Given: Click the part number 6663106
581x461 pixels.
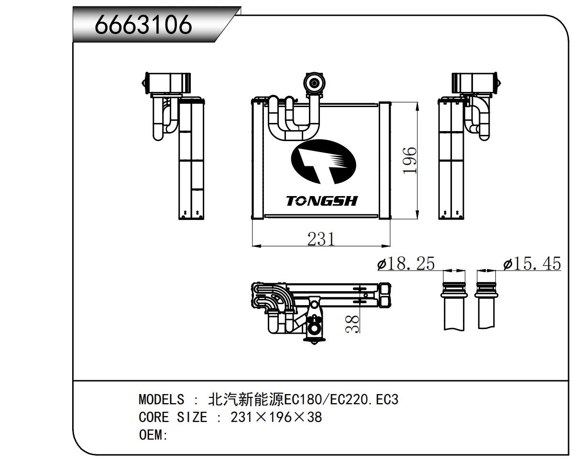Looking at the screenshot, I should pos(143,24).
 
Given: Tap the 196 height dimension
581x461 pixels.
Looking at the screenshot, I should pos(409,161).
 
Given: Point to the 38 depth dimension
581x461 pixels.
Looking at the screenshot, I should pos(352,324).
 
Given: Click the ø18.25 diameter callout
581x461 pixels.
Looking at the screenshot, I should pos(406,263).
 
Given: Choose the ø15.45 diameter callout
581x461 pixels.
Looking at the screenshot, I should pos(532,263).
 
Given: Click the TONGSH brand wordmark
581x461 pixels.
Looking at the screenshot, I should pos(322,201).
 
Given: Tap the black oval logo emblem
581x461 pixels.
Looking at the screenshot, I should pos(323,161).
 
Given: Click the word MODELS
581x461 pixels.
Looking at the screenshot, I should pos(161,399).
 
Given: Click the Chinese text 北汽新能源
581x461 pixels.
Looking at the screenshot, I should pos(246,399).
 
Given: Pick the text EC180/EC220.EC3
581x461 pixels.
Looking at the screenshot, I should pos(341,399).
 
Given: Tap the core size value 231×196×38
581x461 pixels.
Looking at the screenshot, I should pos(276,417).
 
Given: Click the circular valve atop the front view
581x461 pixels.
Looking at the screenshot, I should pos(314,84).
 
